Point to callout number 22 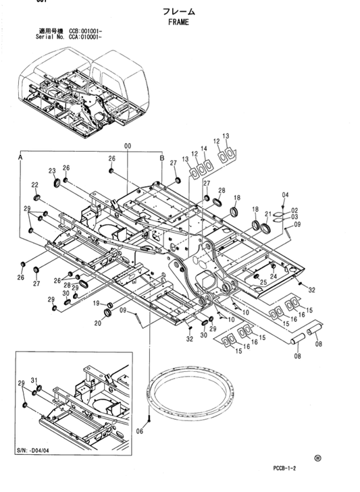[x=34, y=185]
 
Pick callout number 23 [x=52, y=171]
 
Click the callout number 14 [x=204, y=148]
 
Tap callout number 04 [x=285, y=196]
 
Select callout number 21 [x=268, y=214]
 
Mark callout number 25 [x=263, y=263]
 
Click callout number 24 [x=273, y=275]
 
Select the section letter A [x=20, y=157]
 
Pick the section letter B [x=161, y=157]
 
